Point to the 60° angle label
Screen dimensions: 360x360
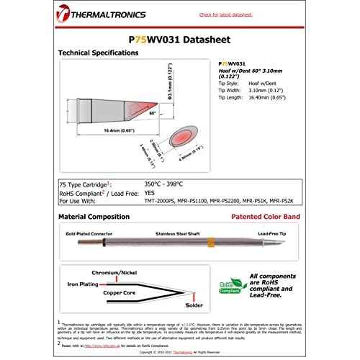[152, 113]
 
